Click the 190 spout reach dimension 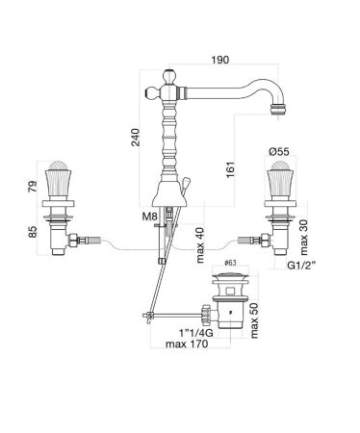click(x=220, y=60)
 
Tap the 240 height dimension click(x=136, y=138)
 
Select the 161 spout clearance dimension click(x=230, y=169)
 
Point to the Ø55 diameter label click(x=279, y=151)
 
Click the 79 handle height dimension click(x=33, y=186)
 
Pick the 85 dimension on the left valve click(x=33, y=232)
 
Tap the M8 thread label click(x=149, y=216)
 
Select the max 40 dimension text click(x=200, y=245)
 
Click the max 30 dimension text click(x=303, y=238)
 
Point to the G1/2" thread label click(x=301, y=266)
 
